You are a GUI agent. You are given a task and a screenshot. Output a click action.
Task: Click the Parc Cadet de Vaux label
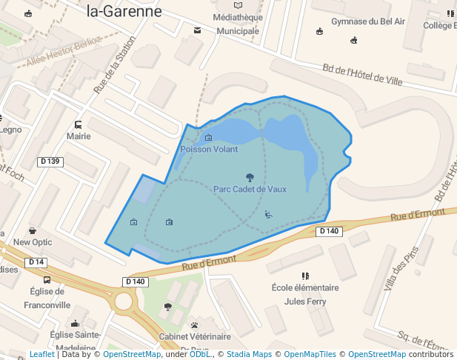pyautogui.click(x=250, y=189)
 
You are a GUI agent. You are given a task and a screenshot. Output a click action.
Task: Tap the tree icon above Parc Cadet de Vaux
pyautogui.click(x=250, y=177)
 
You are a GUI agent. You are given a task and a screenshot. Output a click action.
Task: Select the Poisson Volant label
pyautogui.click(x=209, y=149)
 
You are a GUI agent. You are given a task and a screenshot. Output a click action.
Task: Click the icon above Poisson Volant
pyautogui.click(x=208, y=137)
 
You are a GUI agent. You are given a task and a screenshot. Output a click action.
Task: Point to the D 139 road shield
pyautogui.click(x=51, y=161)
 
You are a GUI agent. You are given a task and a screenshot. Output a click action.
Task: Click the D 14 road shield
pyautogui.click(x=36, y=262)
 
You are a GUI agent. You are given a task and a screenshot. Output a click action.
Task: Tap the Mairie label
pyautogui.click(x=79, y=136)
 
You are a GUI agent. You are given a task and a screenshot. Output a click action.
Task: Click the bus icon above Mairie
pyautogui.click(x=79, y=124)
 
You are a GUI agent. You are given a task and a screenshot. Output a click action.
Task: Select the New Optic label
pyautogui.click(x=33, y=242)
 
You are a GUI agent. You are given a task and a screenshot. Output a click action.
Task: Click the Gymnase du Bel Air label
pyautogui.click(x=368, y=21)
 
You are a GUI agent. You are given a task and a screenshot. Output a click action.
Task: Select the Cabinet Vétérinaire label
pyautogui.click(x=194, y=336)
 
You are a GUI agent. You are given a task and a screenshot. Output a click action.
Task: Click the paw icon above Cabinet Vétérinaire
pyautogui.click(x=194, y=324)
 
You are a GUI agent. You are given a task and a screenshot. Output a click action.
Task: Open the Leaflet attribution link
pyautogui.click(x=41, y=355)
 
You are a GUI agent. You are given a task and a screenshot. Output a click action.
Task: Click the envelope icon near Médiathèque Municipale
pyautogui.click(x=197, y=30)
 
